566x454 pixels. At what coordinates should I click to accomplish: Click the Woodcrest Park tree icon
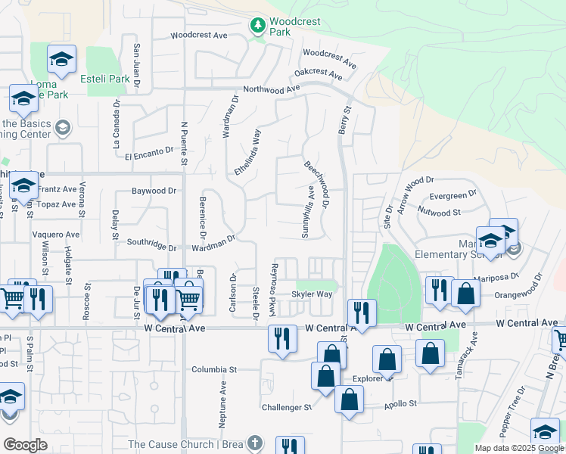coord(258,25)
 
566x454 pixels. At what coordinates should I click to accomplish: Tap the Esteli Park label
coord(108,79)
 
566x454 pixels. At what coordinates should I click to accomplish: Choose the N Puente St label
coord(183,144)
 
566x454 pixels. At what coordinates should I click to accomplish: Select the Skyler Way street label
coord(312,294)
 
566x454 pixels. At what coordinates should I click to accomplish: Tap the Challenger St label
coord(287,407)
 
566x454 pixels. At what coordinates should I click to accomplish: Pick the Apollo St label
coord(400,403)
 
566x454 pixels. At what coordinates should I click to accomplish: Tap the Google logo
coord(25,445)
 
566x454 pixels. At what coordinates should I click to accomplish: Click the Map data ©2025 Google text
coord(518,448)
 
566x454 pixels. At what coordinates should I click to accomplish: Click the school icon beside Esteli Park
coord(61,59)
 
